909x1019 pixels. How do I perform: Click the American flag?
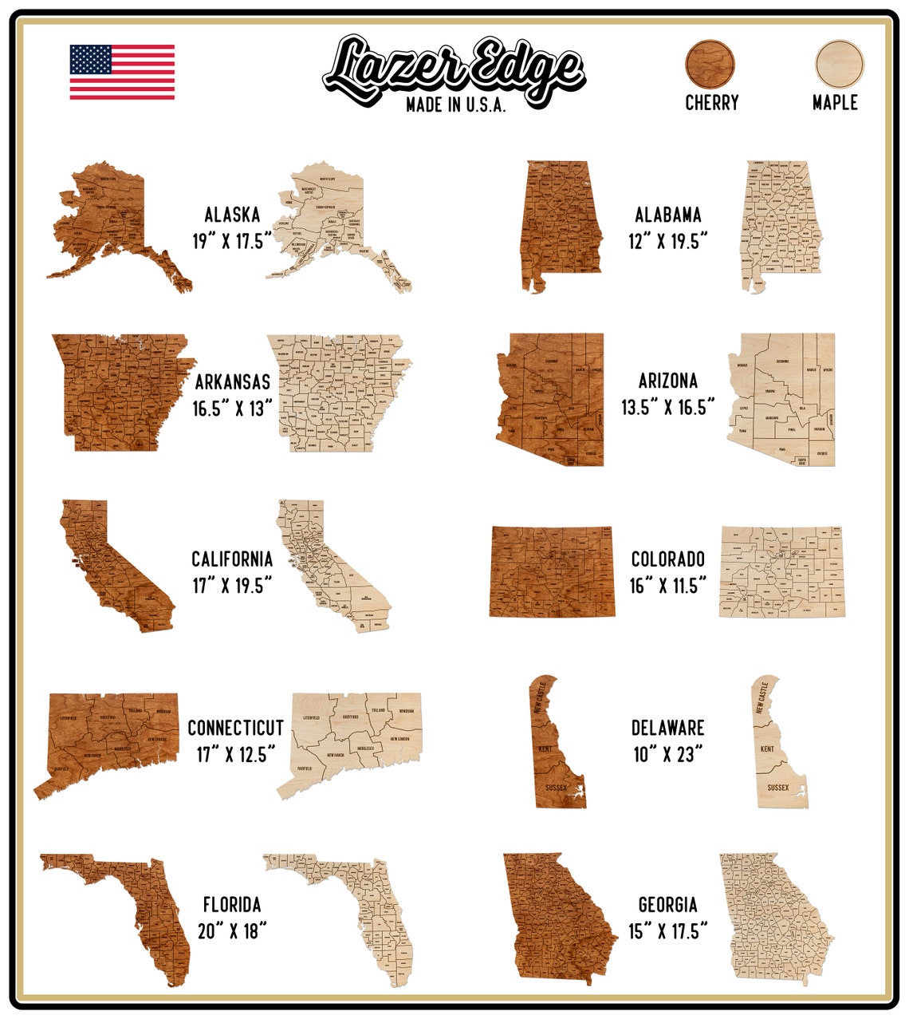point(122,72)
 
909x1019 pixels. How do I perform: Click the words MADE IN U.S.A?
point(455,105)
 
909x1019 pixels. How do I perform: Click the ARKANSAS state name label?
point(232,382)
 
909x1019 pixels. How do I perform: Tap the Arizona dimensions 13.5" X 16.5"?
point(668,408)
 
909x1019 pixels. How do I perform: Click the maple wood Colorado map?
point(781,571)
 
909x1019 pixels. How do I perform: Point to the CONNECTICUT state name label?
point(235,728)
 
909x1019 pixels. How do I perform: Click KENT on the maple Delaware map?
point(767,749)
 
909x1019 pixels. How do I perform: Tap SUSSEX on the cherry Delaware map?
point(556,788)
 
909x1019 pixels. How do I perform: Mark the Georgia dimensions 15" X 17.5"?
point(668,931)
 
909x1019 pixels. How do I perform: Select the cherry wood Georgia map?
point(558,918)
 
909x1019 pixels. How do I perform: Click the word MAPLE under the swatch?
point(835,103)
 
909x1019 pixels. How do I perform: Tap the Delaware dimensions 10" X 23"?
point(668,754)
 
